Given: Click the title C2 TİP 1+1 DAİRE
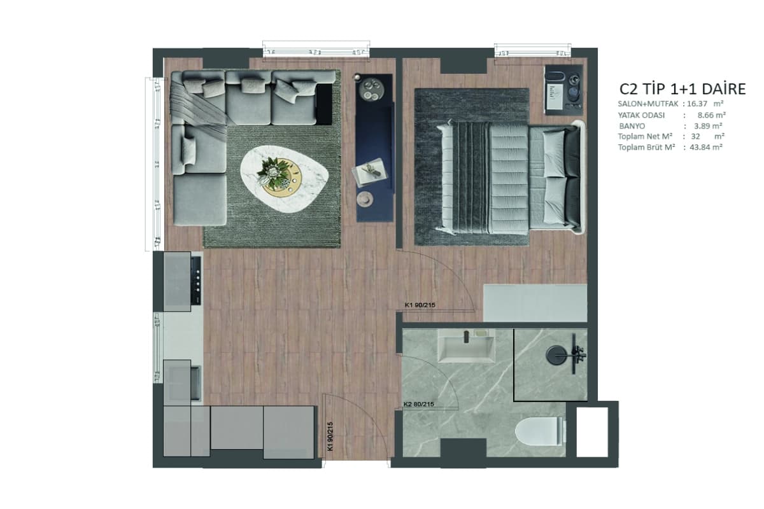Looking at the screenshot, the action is tap(683, 89).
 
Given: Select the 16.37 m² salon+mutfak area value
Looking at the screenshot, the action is tap(705, 104).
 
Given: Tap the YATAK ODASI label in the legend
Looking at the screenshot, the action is tap(641, 115).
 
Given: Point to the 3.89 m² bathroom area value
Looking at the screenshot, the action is tap(708, 126).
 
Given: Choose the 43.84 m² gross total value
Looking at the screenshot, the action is tap(706, 147).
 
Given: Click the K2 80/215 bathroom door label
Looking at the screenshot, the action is tap(418, 404).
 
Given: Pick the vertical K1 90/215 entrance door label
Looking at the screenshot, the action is tap(330, 436).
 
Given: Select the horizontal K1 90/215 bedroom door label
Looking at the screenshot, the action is tap(420, 305).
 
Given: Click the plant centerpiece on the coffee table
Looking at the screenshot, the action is tap(273, 172).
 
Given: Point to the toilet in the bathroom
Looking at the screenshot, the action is tap(540, 431).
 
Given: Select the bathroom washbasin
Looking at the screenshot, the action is tap(466, 345).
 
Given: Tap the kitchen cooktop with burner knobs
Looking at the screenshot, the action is tap(196, 281).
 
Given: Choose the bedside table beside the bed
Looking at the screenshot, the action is tap(563, 90).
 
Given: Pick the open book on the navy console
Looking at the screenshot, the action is tap(370, 172).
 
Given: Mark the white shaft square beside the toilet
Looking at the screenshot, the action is tap(592, 432).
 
